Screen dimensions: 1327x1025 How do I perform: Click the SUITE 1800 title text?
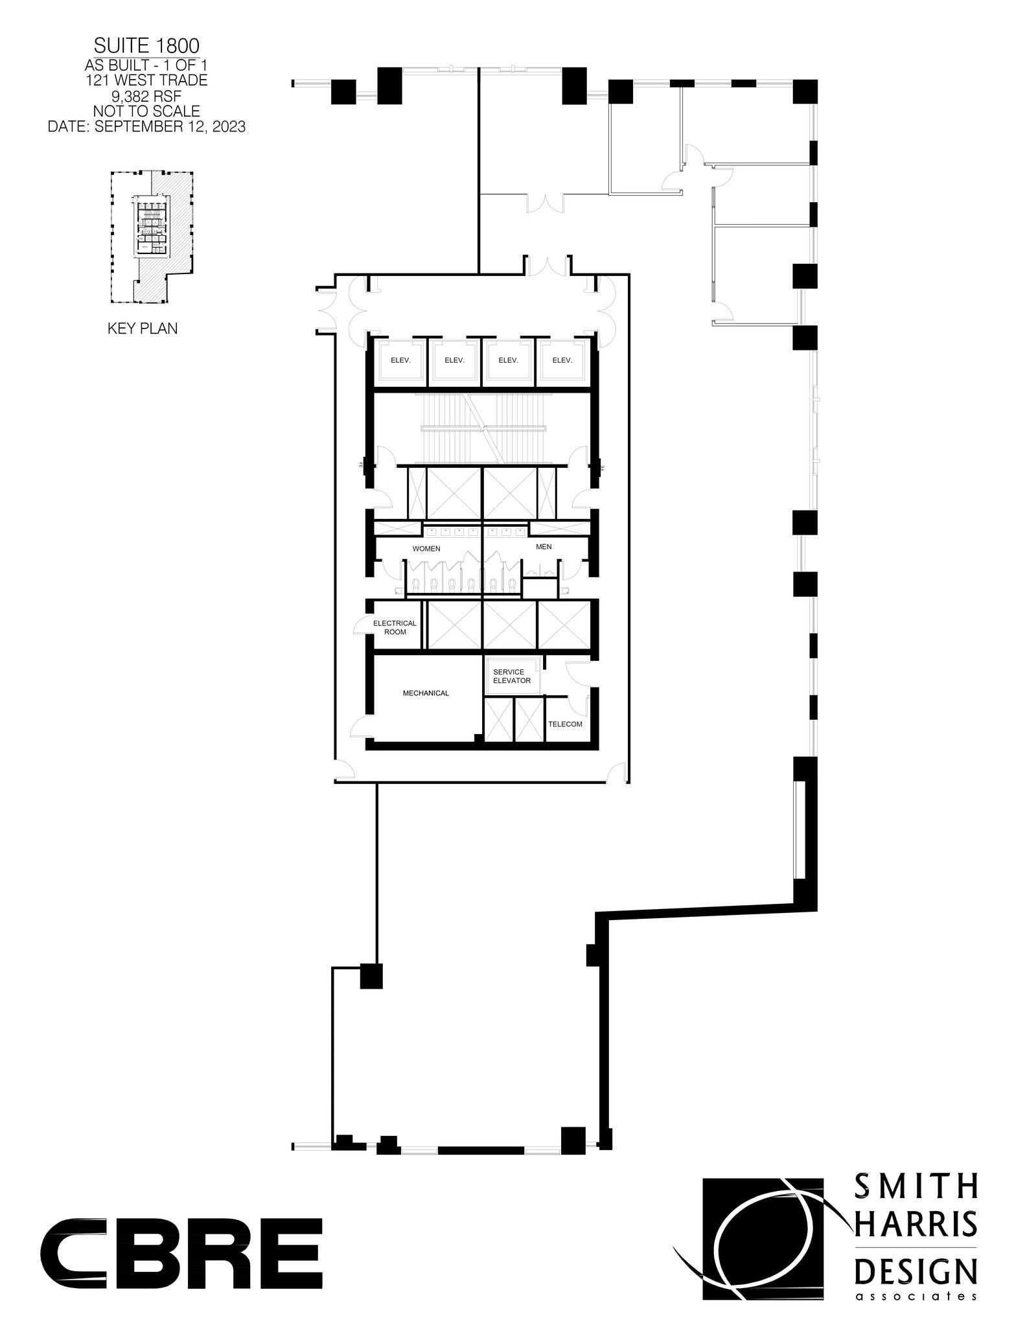click(x=146, y=45)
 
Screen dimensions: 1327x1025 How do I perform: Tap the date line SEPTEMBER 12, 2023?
click(x=146, y=126)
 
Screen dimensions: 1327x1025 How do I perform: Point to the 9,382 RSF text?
click(x=146, y=96)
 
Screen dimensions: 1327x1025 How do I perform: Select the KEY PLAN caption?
click(x=143, y=329)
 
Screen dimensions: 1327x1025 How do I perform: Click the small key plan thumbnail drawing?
click(x=152, y=237)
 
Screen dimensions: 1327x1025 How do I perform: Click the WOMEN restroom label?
click(x=426, y=549)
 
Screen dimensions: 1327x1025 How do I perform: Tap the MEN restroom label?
click(x=544, y=547)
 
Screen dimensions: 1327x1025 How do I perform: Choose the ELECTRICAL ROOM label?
click(x=395, y=627)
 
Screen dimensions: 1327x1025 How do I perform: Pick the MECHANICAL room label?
click(x=426, y=693)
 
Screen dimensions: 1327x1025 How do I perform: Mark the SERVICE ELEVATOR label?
click(x=512, y=676)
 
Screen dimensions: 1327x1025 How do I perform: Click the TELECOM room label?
click(x=565, y=724)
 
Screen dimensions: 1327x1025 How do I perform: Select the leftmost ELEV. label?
click(x=401, y=360)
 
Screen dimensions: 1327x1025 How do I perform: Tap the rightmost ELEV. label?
click(x=562, y=360)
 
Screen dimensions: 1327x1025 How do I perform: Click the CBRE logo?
click(x=181, y=1253)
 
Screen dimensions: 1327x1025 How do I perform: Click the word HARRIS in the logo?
click(x=916, y=1224)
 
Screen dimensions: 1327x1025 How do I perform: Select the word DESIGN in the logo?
click(x=916, y=1271)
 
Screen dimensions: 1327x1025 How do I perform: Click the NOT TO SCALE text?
click(x=146, y=111)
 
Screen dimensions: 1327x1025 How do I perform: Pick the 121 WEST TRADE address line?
click(x=146, y=80)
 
